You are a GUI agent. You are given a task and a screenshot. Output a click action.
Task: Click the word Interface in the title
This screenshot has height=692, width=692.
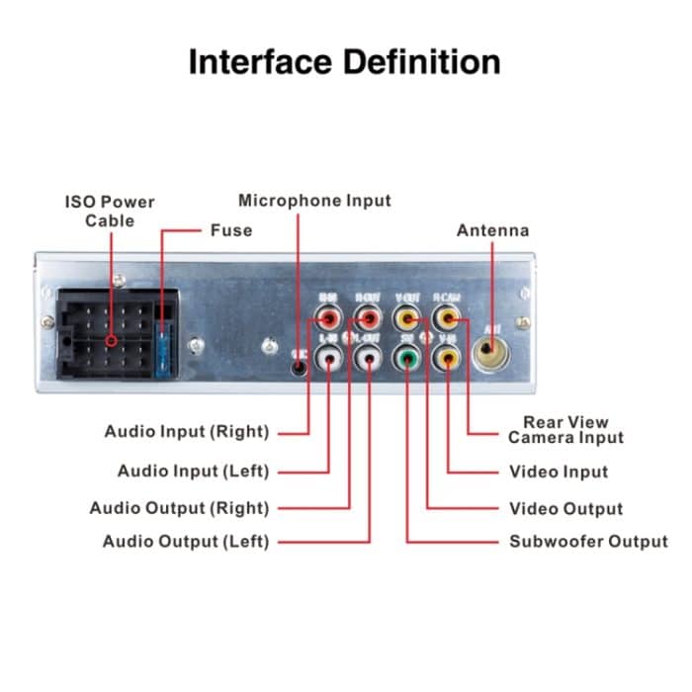[261, 61]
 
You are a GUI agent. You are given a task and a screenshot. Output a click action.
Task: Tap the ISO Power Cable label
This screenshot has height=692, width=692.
[109, 211]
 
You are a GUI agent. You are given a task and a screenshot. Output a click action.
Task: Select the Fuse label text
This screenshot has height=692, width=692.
[231, 230]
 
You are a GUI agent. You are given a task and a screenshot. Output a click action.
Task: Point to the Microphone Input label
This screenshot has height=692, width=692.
[314, 201]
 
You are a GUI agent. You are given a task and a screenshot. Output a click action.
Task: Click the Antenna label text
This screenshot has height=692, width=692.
[492, 230]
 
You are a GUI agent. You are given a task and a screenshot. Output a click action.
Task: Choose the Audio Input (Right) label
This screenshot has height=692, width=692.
[186, 432]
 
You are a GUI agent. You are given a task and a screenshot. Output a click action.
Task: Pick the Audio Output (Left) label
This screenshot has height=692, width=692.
[186, 542]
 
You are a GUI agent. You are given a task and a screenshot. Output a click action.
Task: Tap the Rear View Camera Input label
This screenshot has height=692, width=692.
[566, 430]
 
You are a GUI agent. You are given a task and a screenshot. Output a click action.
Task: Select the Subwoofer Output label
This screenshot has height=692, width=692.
[588, 542]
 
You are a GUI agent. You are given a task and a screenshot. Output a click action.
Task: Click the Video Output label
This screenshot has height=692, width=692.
[565, 509]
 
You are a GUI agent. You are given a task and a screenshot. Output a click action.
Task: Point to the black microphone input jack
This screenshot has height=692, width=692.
[301, 364]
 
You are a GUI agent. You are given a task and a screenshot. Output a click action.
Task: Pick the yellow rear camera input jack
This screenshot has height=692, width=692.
[449, 319]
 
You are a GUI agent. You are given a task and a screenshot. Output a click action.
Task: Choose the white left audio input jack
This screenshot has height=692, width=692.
[328, 359]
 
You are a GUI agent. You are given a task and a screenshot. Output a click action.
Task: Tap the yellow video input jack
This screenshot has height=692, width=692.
[449, 359]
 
